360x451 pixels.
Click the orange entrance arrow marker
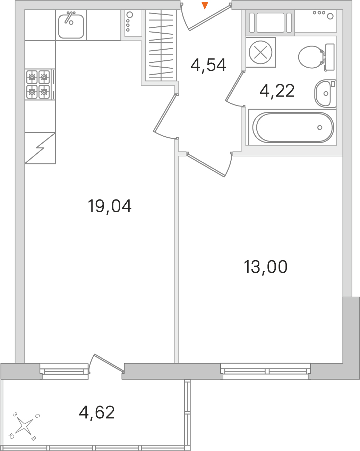(205, 6)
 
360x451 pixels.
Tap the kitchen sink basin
(71, 26)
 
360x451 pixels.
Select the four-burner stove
(40, 84)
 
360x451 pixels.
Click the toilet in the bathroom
(316, 57)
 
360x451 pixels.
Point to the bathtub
(293, 127)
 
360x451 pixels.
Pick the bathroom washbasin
(325, 93)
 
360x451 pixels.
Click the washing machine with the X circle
(260, 52)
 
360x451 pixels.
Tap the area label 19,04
(110, 206)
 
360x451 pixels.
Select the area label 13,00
(266, 267)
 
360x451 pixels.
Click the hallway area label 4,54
(208, 65)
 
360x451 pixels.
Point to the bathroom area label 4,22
(277, 91)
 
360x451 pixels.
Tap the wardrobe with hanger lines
(161, 45)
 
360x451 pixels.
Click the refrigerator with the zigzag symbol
(40, 148)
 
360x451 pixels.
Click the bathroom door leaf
(234, 86)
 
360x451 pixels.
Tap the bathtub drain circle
(319, 127)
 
